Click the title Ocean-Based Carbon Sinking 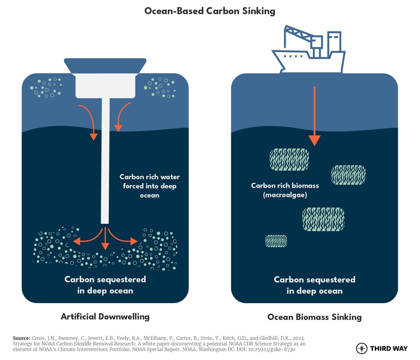210,11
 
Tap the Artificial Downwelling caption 105,316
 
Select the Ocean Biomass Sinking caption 314,317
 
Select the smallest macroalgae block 276,241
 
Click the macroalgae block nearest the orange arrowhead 289,159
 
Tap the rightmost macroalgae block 348,175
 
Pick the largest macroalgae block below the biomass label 323,219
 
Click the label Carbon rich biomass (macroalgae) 285,190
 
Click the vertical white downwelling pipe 105,160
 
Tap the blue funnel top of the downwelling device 105,65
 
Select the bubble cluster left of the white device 46,87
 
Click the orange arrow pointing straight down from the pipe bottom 105,239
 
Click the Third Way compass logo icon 362,348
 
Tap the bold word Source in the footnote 21,339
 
